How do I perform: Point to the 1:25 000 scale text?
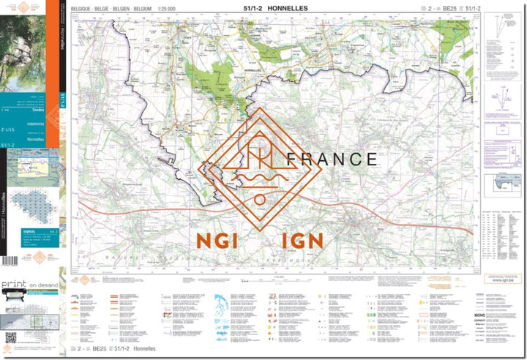coord(173,7)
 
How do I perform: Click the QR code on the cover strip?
coord(10,337)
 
